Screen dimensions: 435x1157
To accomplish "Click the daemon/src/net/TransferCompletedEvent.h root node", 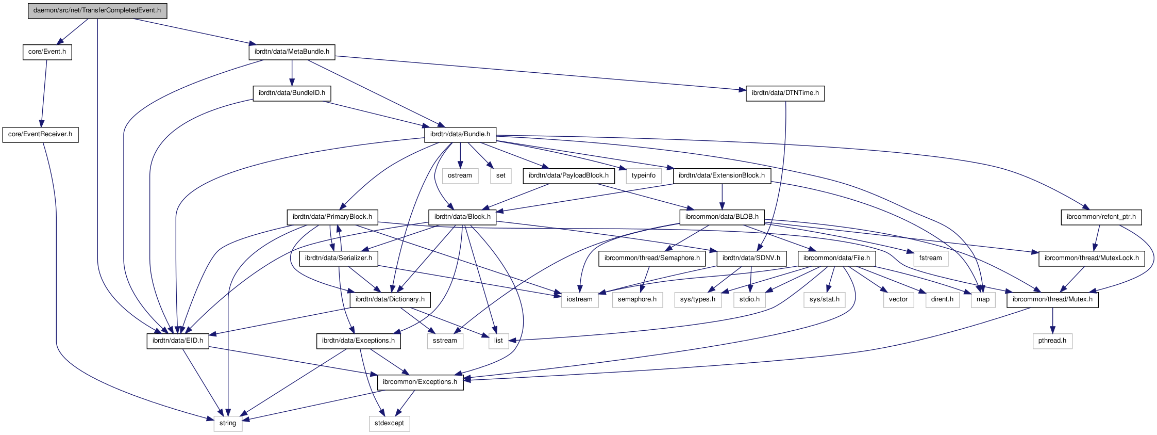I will click(x=97, y=10).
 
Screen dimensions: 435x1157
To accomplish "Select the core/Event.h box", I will click(x=47, y=52).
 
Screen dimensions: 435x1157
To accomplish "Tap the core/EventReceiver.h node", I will click(x=40, y=134).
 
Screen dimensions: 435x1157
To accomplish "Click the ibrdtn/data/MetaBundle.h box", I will click(x=292, y=52).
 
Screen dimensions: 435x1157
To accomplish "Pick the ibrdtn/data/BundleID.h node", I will click(x=292, y=93).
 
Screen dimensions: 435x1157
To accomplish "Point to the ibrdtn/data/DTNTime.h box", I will click(x=785, y=93).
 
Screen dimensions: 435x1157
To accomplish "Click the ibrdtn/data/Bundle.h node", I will click(x=460, y=134).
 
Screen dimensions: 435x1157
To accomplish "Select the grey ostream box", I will click(x=460, y=175).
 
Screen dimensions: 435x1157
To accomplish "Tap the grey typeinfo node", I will click(x=644, y=175).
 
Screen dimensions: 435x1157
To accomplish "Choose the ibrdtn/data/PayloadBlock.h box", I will click(x=568, y=175).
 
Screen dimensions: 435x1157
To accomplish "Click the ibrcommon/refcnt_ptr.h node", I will click(x=1101, y=217).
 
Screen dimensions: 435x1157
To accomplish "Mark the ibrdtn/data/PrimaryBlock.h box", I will click(x=332, y=217).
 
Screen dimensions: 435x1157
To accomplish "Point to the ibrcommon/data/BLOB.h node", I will click(x=722, y=217).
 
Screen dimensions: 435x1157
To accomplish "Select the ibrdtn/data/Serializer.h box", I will click(x=339, y=258).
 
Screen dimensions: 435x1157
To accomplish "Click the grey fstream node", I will click(x=930, y=258).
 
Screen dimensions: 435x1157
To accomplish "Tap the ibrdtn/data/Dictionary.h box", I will click(x=390, y=299).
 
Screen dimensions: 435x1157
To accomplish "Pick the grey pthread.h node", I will click(x=1052, y=341).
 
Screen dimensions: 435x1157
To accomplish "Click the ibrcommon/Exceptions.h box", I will click(x=420, y=382).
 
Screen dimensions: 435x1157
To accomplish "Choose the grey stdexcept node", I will click(x=389, y=423).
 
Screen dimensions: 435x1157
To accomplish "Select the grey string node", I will click(x=228, y=423).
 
